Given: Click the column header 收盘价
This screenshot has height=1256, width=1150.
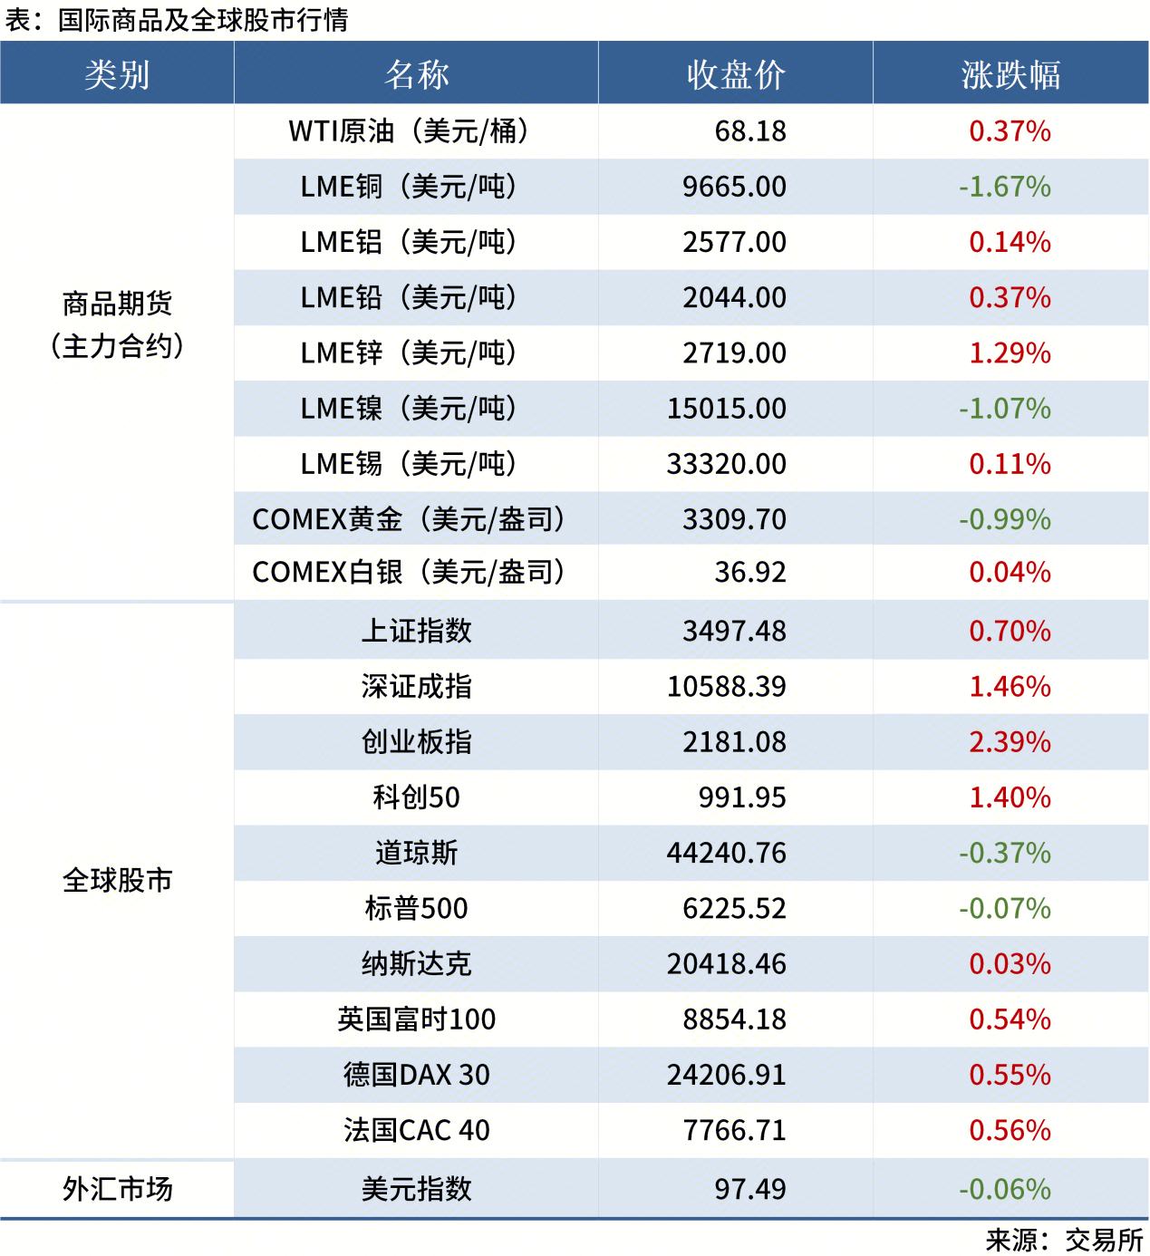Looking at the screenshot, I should tap(735, 74).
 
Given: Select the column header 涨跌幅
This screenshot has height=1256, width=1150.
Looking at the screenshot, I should tap(1010, 74).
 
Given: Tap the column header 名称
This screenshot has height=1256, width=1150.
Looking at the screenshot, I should tap(416, 74).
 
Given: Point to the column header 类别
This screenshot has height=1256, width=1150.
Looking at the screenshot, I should tap(117, 74).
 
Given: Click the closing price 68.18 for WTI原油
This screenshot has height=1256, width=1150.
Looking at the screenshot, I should tap(750, 131).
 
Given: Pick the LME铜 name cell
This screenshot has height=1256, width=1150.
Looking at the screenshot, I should tap(409, 187).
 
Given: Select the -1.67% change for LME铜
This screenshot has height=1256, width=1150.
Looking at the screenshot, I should tap(1005, 187).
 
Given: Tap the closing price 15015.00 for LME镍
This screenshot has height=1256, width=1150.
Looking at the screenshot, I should tap(727, 409).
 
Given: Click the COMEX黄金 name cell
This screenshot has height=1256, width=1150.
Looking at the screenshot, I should tap(409, 519).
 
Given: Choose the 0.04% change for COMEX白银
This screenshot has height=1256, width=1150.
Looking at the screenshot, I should tap(1010, 573).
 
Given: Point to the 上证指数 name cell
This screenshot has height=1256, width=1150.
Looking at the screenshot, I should tap(416, 631).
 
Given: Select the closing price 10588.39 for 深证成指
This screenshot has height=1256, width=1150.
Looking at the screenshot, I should tap(727, 687).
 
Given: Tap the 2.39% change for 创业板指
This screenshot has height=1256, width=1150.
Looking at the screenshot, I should tap(1010, 742).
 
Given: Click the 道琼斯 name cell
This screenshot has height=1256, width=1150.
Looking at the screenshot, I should tap(416, 853).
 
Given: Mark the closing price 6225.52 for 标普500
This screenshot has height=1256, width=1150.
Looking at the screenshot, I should tap(734, 908).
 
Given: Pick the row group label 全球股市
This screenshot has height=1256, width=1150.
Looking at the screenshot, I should tap(117, 880).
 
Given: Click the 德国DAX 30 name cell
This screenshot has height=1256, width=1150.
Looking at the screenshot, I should tap(416, 1075).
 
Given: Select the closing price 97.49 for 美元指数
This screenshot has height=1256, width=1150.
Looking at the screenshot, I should tap(750, 1189).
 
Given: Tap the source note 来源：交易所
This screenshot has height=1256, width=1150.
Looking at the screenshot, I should tap(1064, 1240).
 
